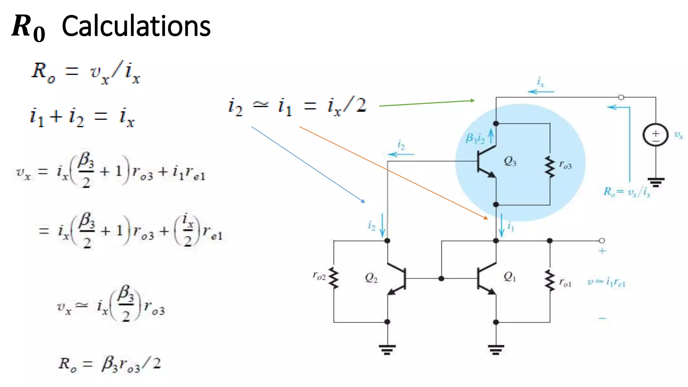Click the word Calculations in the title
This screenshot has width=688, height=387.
(136, 26)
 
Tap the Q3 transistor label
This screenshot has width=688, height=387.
(510, 162)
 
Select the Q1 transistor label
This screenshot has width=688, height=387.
(509, 277)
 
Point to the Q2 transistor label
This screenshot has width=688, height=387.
(371, 278)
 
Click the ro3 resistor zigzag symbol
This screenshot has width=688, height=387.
(550, 167)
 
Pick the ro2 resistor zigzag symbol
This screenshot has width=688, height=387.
(334, 278)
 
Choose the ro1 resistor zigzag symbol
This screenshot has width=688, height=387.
(550, 281)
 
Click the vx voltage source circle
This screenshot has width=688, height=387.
(655, 135)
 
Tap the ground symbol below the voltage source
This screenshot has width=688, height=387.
(656, 183)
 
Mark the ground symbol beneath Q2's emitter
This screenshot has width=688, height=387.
(387, 349)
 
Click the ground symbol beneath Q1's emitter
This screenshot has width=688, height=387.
(496, 349)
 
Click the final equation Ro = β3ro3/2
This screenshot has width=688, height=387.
(110, 364)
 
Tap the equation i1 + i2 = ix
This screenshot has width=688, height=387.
(82, 117)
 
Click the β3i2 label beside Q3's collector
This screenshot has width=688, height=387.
(475, 138)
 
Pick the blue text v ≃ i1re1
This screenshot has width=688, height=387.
(606, 282)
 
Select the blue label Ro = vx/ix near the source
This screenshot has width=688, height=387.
(627, 192)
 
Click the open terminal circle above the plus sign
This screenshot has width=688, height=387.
(602, 241)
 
